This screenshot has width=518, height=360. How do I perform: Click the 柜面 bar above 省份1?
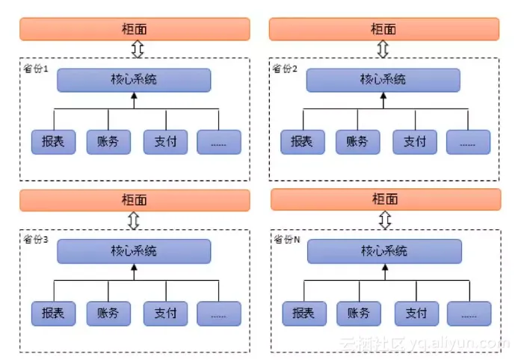click(134, 29)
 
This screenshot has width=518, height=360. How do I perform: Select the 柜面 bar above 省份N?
click(385, 199)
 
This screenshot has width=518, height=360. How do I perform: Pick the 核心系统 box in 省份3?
click(134, 251)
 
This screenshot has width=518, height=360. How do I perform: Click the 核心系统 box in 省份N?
click(384, 251)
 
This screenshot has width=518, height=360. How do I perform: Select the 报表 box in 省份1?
click(53, 142)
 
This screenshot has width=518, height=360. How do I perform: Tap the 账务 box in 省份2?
click(357, 142)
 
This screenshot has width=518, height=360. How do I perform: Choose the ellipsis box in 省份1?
click(219, 142)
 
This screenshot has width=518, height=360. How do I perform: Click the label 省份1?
click(36, 69)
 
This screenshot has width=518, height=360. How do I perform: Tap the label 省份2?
click(285, 69)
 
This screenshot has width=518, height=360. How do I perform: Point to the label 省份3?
click(36, 240)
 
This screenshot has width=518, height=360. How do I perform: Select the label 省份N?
click(286, 240)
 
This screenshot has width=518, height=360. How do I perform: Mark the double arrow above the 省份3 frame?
click(134, 220)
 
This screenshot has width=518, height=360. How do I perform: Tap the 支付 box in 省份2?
click(414, 142)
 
